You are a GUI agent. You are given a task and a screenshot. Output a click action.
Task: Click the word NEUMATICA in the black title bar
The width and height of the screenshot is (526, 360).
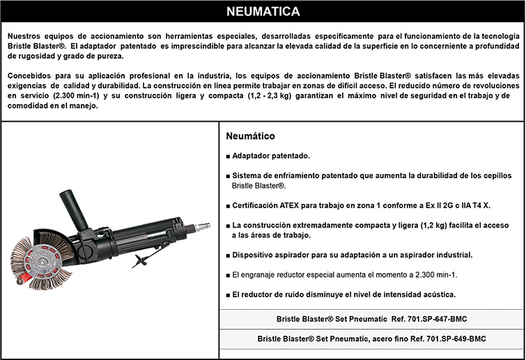coord(263,12)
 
